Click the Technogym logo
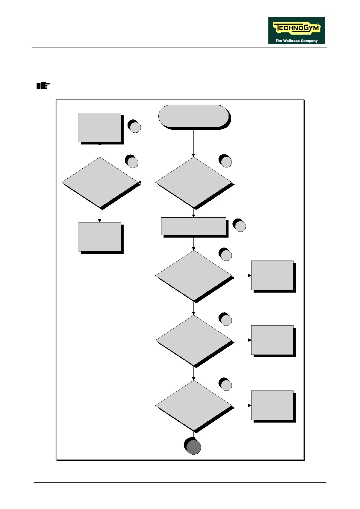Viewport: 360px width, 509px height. pyautogui.click(x=296, y=30)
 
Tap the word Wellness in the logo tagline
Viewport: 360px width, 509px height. pyautogui.click(x=291, y=41)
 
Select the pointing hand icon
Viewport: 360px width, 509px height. pyautogui.click(x=43, y=86)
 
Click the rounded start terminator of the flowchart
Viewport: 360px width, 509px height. pyautogui.click(x=193, y=116)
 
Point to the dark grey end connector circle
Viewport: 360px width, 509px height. pyautogui.click(x=193, y=447)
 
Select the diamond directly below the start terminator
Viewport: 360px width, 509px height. pyautogui.click(x=193, y=182)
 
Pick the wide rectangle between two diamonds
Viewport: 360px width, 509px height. pyautogui.click(x=193, y=226)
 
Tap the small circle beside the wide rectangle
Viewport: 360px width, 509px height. pyautogui.click(x=240, y=226)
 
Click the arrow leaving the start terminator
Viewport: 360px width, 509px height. pyautogui.click(x=193, y=142)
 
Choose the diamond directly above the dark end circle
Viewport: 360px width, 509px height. pyautogui.click(x=193, y=405)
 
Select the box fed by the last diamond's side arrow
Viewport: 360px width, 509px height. pyautogui.click(x=272, y=405)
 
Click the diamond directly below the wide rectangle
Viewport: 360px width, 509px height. pyautogui.click(x=193, y=275)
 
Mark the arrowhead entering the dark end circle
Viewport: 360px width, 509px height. pyautogui.click(x=193, y=438)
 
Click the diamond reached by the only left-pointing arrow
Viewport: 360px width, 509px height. pyautogui.click(x=100, y=182)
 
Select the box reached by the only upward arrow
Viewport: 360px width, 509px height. pyautogui.click(x=100, y=127)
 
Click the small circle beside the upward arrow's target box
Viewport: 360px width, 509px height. pyautogui.click(x=135, y=127)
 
